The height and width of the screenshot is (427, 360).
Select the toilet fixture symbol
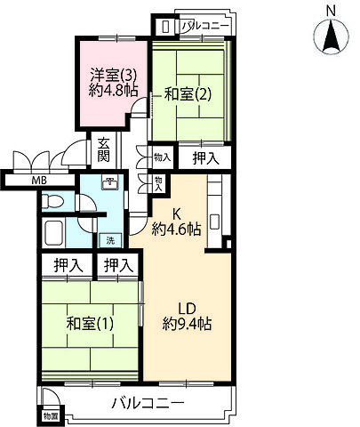point(53,201)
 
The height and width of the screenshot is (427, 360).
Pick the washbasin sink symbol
point(108,184)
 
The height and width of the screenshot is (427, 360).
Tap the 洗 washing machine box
point(110,239)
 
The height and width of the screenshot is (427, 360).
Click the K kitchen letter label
point(177,213)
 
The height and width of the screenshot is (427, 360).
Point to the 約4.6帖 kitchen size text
point(177,229)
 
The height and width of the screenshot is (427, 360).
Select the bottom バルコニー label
point(148,404)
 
